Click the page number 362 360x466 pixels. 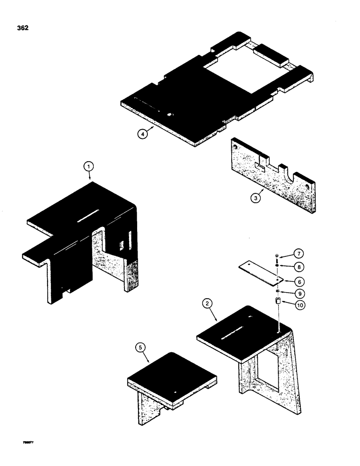click(x=22, y=28)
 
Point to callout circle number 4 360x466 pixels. click(x=143, y=133)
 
